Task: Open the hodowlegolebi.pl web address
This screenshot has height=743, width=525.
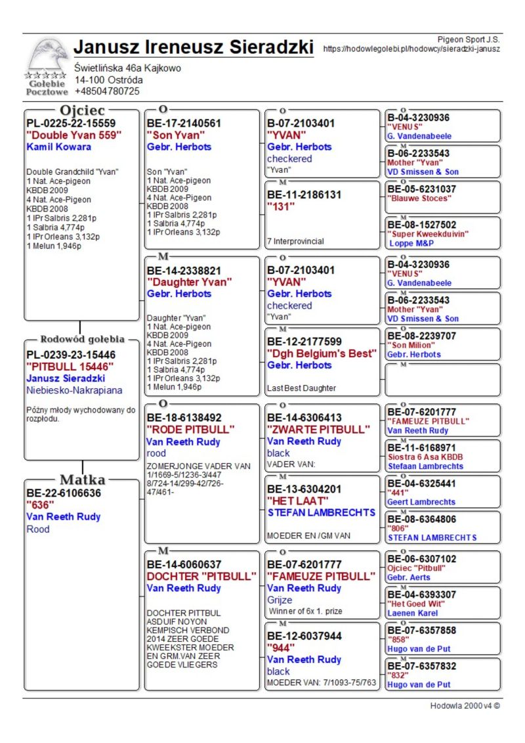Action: [411, 49]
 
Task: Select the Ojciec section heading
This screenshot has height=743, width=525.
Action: [82, 110]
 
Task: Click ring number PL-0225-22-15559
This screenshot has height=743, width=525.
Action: [71, 123]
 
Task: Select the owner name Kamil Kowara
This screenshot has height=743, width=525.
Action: [59, 147]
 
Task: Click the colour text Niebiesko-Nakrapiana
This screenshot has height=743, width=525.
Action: [74, 390]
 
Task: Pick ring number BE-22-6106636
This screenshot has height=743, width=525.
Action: [64, 493]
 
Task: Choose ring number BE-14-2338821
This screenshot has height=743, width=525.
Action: [184, 270]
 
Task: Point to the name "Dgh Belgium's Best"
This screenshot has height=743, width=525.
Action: [321, 353]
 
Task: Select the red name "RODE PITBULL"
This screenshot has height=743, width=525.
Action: [190, 430]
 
